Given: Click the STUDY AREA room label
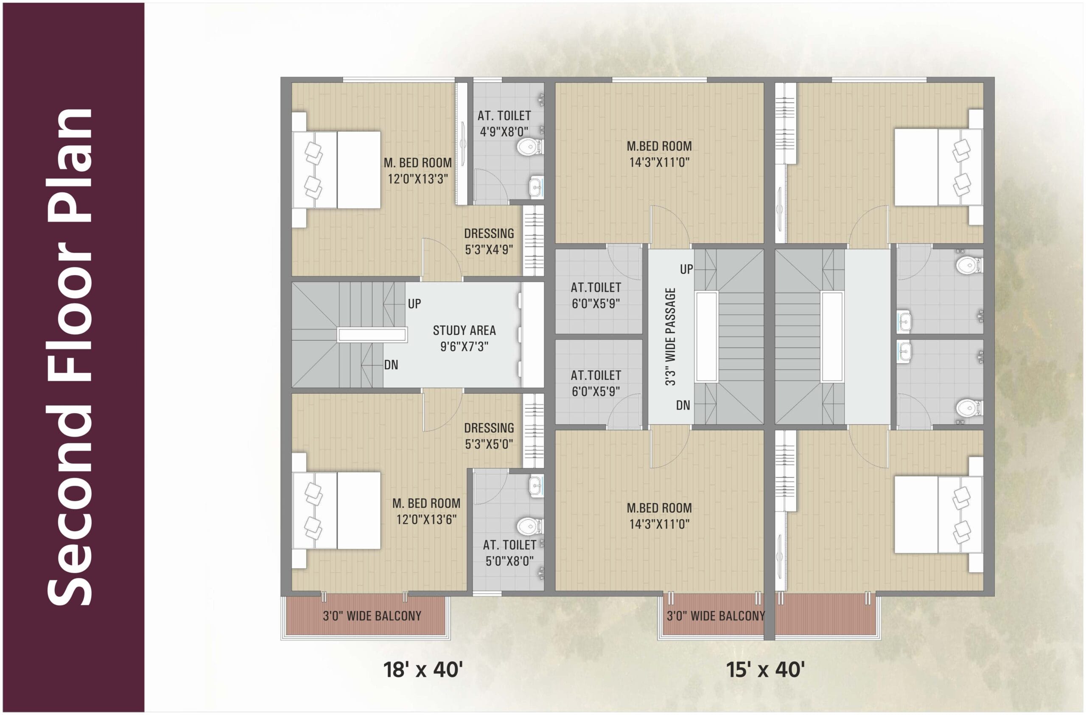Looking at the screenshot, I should click(464, 330).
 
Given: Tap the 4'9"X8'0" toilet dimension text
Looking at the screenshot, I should click(504, 132).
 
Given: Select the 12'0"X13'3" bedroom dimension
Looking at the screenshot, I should click(417, 179).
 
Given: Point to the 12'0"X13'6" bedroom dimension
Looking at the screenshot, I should click(426, 519).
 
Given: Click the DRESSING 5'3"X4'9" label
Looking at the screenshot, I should click(489, 241).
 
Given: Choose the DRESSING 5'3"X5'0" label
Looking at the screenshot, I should click(489, 436).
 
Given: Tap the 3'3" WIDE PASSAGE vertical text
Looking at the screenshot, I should click(670, 337).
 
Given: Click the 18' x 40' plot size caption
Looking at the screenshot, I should click(423, 670).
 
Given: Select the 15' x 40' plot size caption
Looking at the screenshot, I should click(765, 670).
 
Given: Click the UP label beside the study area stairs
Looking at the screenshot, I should click(414, 304).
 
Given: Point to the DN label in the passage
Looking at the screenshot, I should click(683, 405).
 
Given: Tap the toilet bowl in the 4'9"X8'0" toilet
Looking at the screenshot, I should click(529, 147).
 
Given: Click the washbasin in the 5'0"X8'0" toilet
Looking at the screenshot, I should click(536, 486).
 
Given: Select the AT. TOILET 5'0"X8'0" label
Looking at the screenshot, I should click(509, 553).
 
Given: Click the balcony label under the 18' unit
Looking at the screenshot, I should click(372, 616).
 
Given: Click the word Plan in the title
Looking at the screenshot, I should click(71, 167).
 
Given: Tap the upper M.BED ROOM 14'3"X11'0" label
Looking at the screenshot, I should click(659, 154).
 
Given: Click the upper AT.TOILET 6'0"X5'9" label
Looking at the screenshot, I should click(596, 295).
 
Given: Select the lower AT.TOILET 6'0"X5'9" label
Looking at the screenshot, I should click(596, 384).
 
